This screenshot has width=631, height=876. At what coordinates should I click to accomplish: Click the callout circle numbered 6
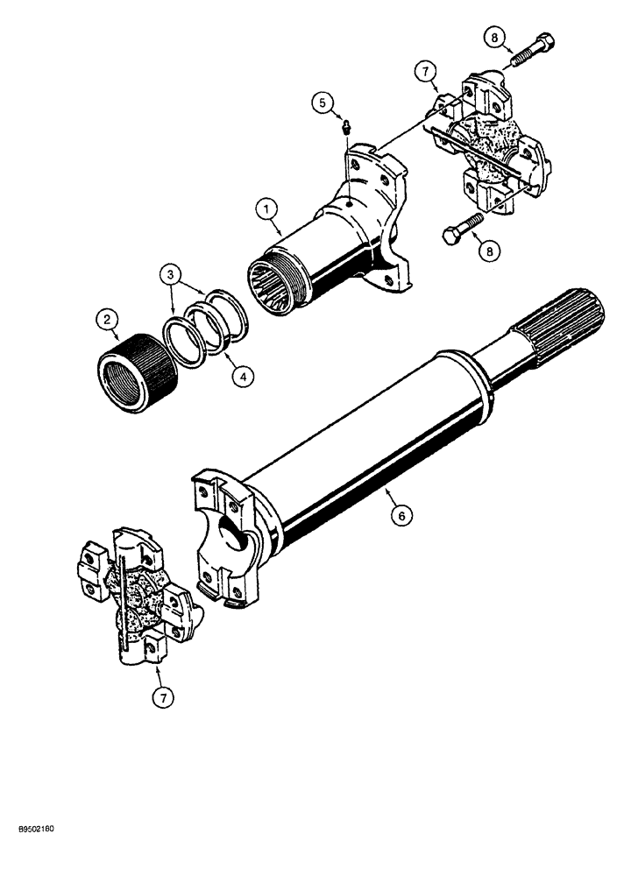click(x=401, y=517)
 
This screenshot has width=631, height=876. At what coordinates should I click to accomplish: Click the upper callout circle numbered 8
click(x=494, y=37)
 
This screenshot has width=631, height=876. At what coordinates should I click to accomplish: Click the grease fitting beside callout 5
click(x=346, y=130)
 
